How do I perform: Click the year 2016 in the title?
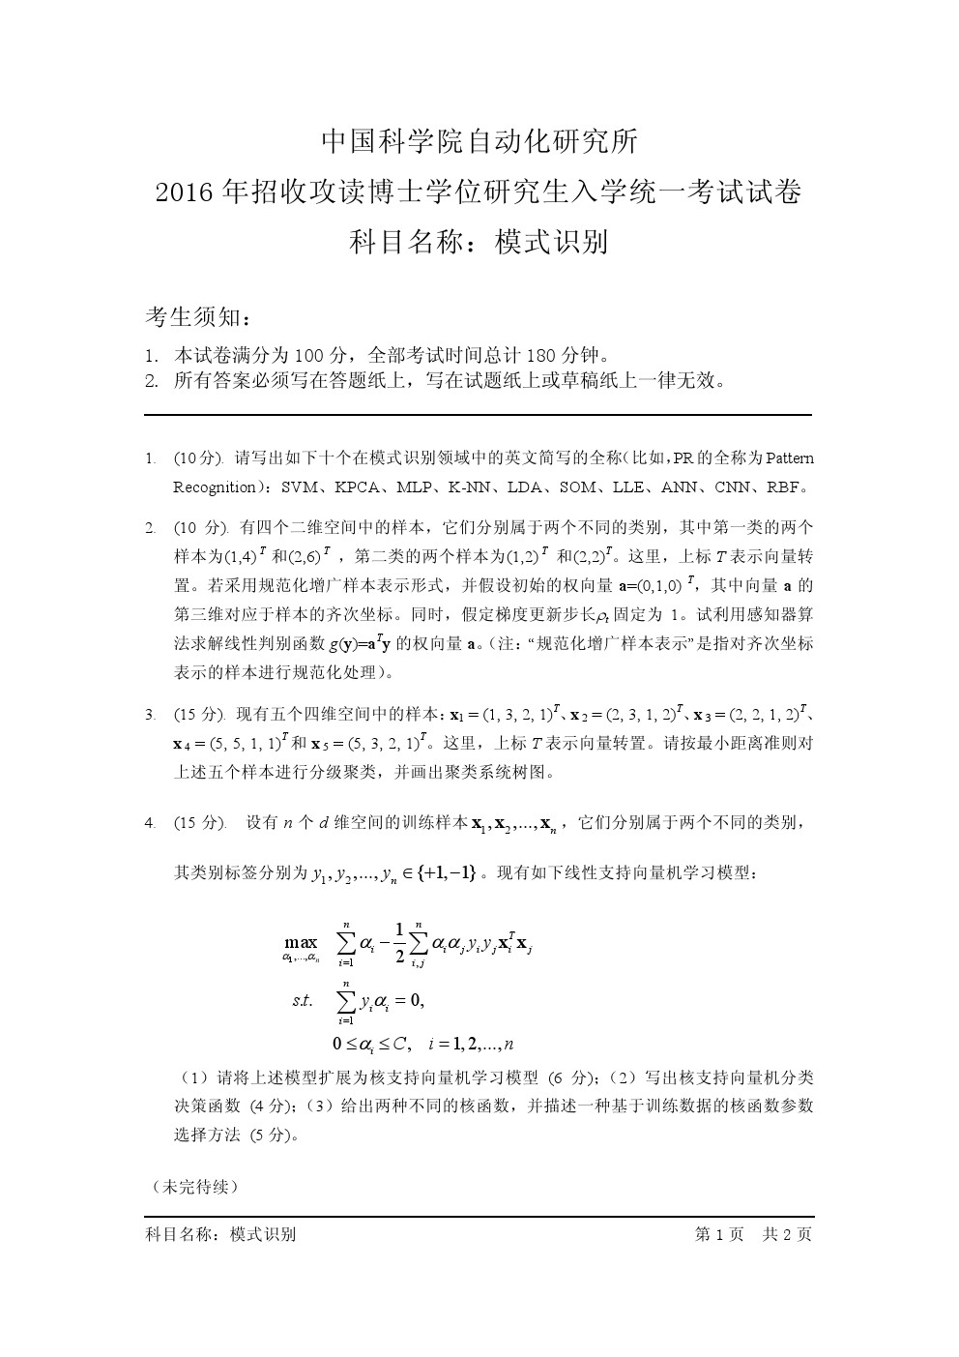tap(186, 193)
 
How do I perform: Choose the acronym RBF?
tap(787, 487)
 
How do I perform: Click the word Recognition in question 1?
tap(215, 487)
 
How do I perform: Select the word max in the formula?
tap(301, 941)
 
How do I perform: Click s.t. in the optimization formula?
tap(302, 1001)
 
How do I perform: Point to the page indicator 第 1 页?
tap(718, 1234)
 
